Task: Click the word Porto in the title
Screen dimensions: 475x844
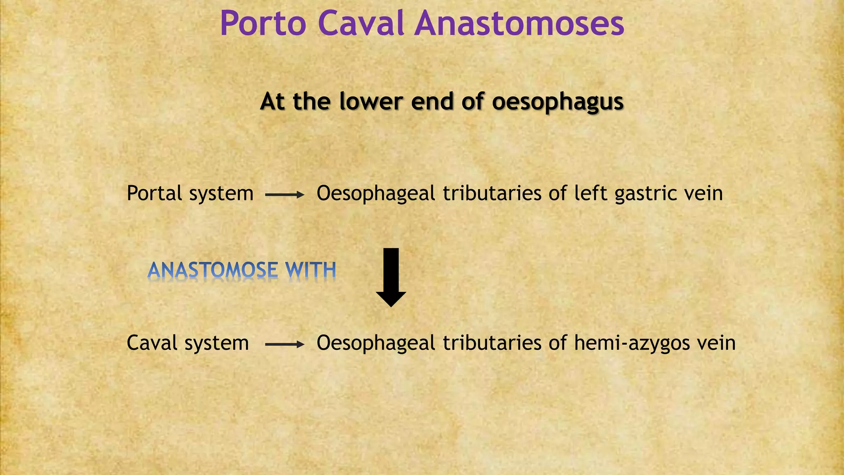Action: tap(263, 24)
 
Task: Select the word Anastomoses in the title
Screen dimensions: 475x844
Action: tap(520, 24)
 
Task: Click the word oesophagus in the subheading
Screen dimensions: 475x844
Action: tap(558, 102)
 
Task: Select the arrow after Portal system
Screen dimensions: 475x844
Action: tap(284, 195)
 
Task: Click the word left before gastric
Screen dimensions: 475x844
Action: tap(591, 193)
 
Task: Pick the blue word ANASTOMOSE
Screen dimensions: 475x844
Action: tap(213, 270)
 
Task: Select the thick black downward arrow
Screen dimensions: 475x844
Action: tap(391, 277)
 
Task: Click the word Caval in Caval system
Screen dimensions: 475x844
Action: tap(152, 343)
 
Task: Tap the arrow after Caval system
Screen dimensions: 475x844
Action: tap(284, 344)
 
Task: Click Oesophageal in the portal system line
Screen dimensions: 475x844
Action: tap(376, 193)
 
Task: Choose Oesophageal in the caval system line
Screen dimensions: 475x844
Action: tap(376, 343)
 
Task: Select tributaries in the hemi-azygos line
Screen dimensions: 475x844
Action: tap(492, 343)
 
